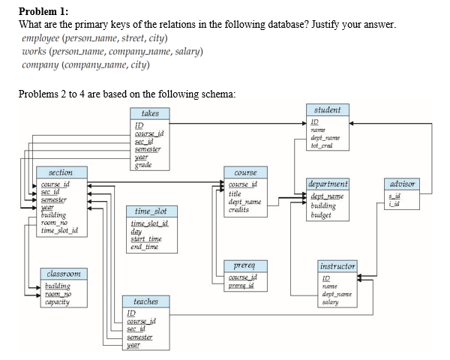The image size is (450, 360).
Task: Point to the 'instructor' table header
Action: click(x=337, y=266)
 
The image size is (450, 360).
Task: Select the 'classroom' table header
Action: click(x=66, y=274)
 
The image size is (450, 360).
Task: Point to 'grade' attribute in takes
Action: click(x=140, y=165)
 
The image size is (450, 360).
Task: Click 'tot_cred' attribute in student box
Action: click(x=322, y=144)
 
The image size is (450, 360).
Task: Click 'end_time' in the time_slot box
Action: click(x=145, y=247)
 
